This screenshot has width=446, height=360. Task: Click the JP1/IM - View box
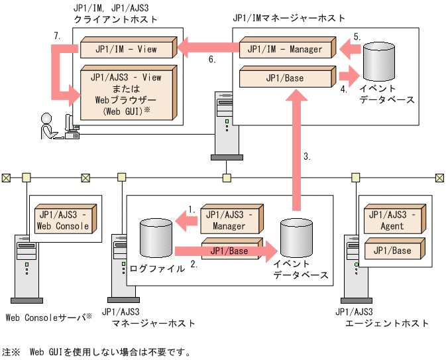(126, 48)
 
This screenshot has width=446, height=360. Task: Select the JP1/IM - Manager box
(286, 49)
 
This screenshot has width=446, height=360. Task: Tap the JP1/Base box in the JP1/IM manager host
(286, 78)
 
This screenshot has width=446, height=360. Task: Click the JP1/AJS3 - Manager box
(229, 219)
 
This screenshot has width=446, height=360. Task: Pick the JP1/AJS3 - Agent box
(392, 219)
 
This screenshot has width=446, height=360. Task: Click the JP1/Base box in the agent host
(392, 251)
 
